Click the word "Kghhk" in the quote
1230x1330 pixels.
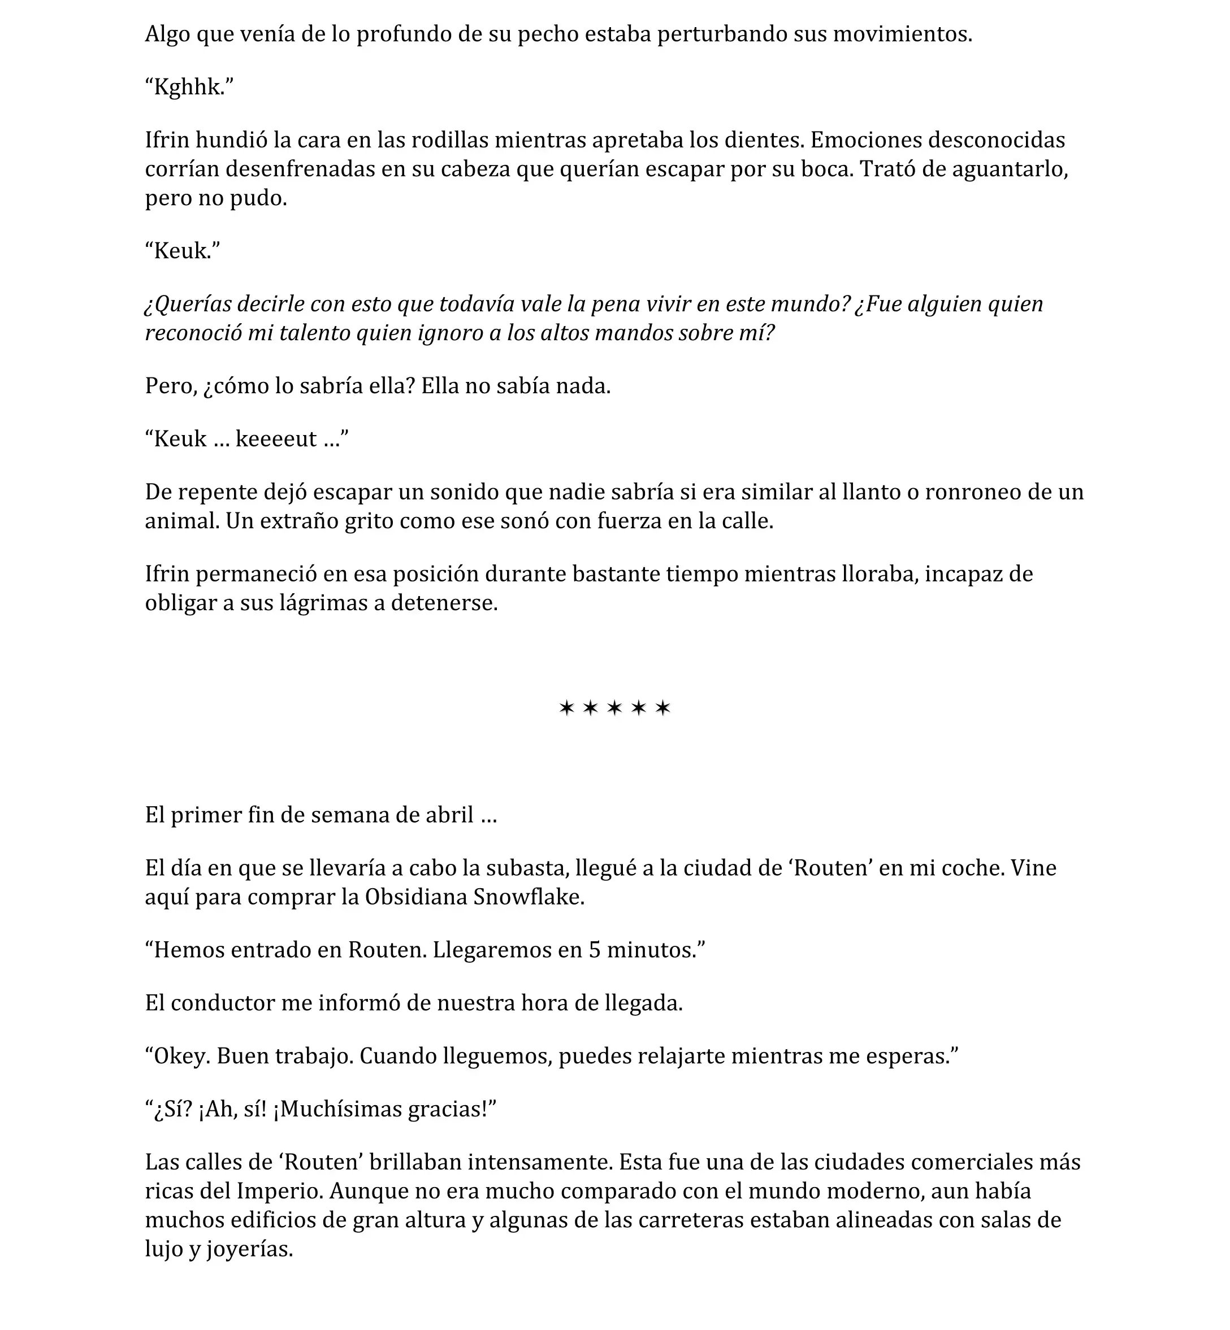click(187, 87)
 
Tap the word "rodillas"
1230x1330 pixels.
click(449, 140)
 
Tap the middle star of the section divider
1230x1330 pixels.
click(614, 708)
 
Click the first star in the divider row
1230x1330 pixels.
click(566, 708)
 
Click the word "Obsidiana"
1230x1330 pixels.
click(416, 898)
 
